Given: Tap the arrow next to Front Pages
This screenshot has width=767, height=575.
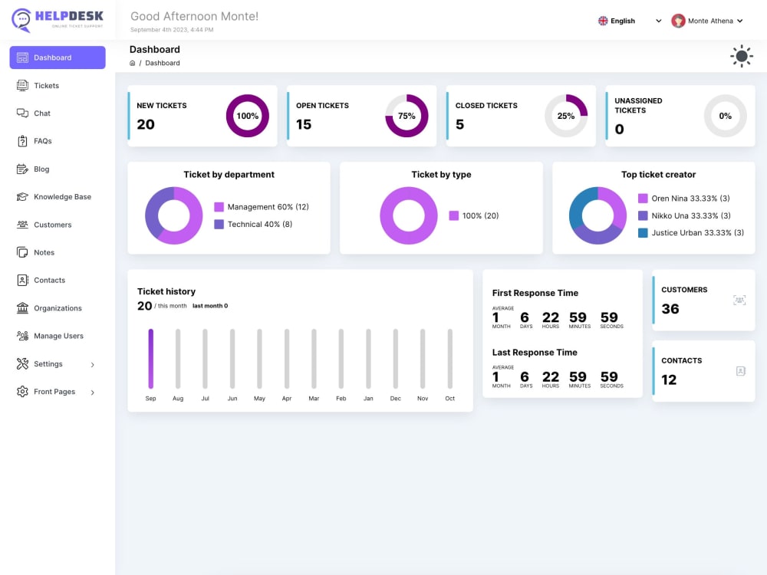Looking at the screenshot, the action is click(93, 392).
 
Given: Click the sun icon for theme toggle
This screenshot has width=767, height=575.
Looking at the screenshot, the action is click(742, 56).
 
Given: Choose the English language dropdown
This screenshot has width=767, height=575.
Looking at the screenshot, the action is click(630, 21).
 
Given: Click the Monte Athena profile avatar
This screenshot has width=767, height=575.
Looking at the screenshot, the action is click(678, 21).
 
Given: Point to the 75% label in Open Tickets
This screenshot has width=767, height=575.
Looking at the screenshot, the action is click(407, 116).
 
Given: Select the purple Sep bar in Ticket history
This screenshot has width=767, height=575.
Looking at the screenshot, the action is click(150, 358).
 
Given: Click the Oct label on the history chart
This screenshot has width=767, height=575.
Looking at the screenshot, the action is click(449, 399).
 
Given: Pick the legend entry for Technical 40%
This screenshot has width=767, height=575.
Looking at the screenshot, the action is click(253, 224).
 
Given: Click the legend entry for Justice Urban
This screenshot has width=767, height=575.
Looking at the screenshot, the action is click(691, 233).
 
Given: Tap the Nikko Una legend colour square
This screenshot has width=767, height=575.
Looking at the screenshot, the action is click(643, 215).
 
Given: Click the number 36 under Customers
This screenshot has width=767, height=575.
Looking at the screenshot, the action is click(670, 309).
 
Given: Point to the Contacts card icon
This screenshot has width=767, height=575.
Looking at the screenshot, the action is click(741, 371).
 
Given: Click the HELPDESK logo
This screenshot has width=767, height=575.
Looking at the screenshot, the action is click(58, 20).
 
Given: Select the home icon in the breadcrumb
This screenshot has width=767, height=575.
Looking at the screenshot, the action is click(132, 63).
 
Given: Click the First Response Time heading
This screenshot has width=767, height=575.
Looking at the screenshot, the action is click(535, 293).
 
